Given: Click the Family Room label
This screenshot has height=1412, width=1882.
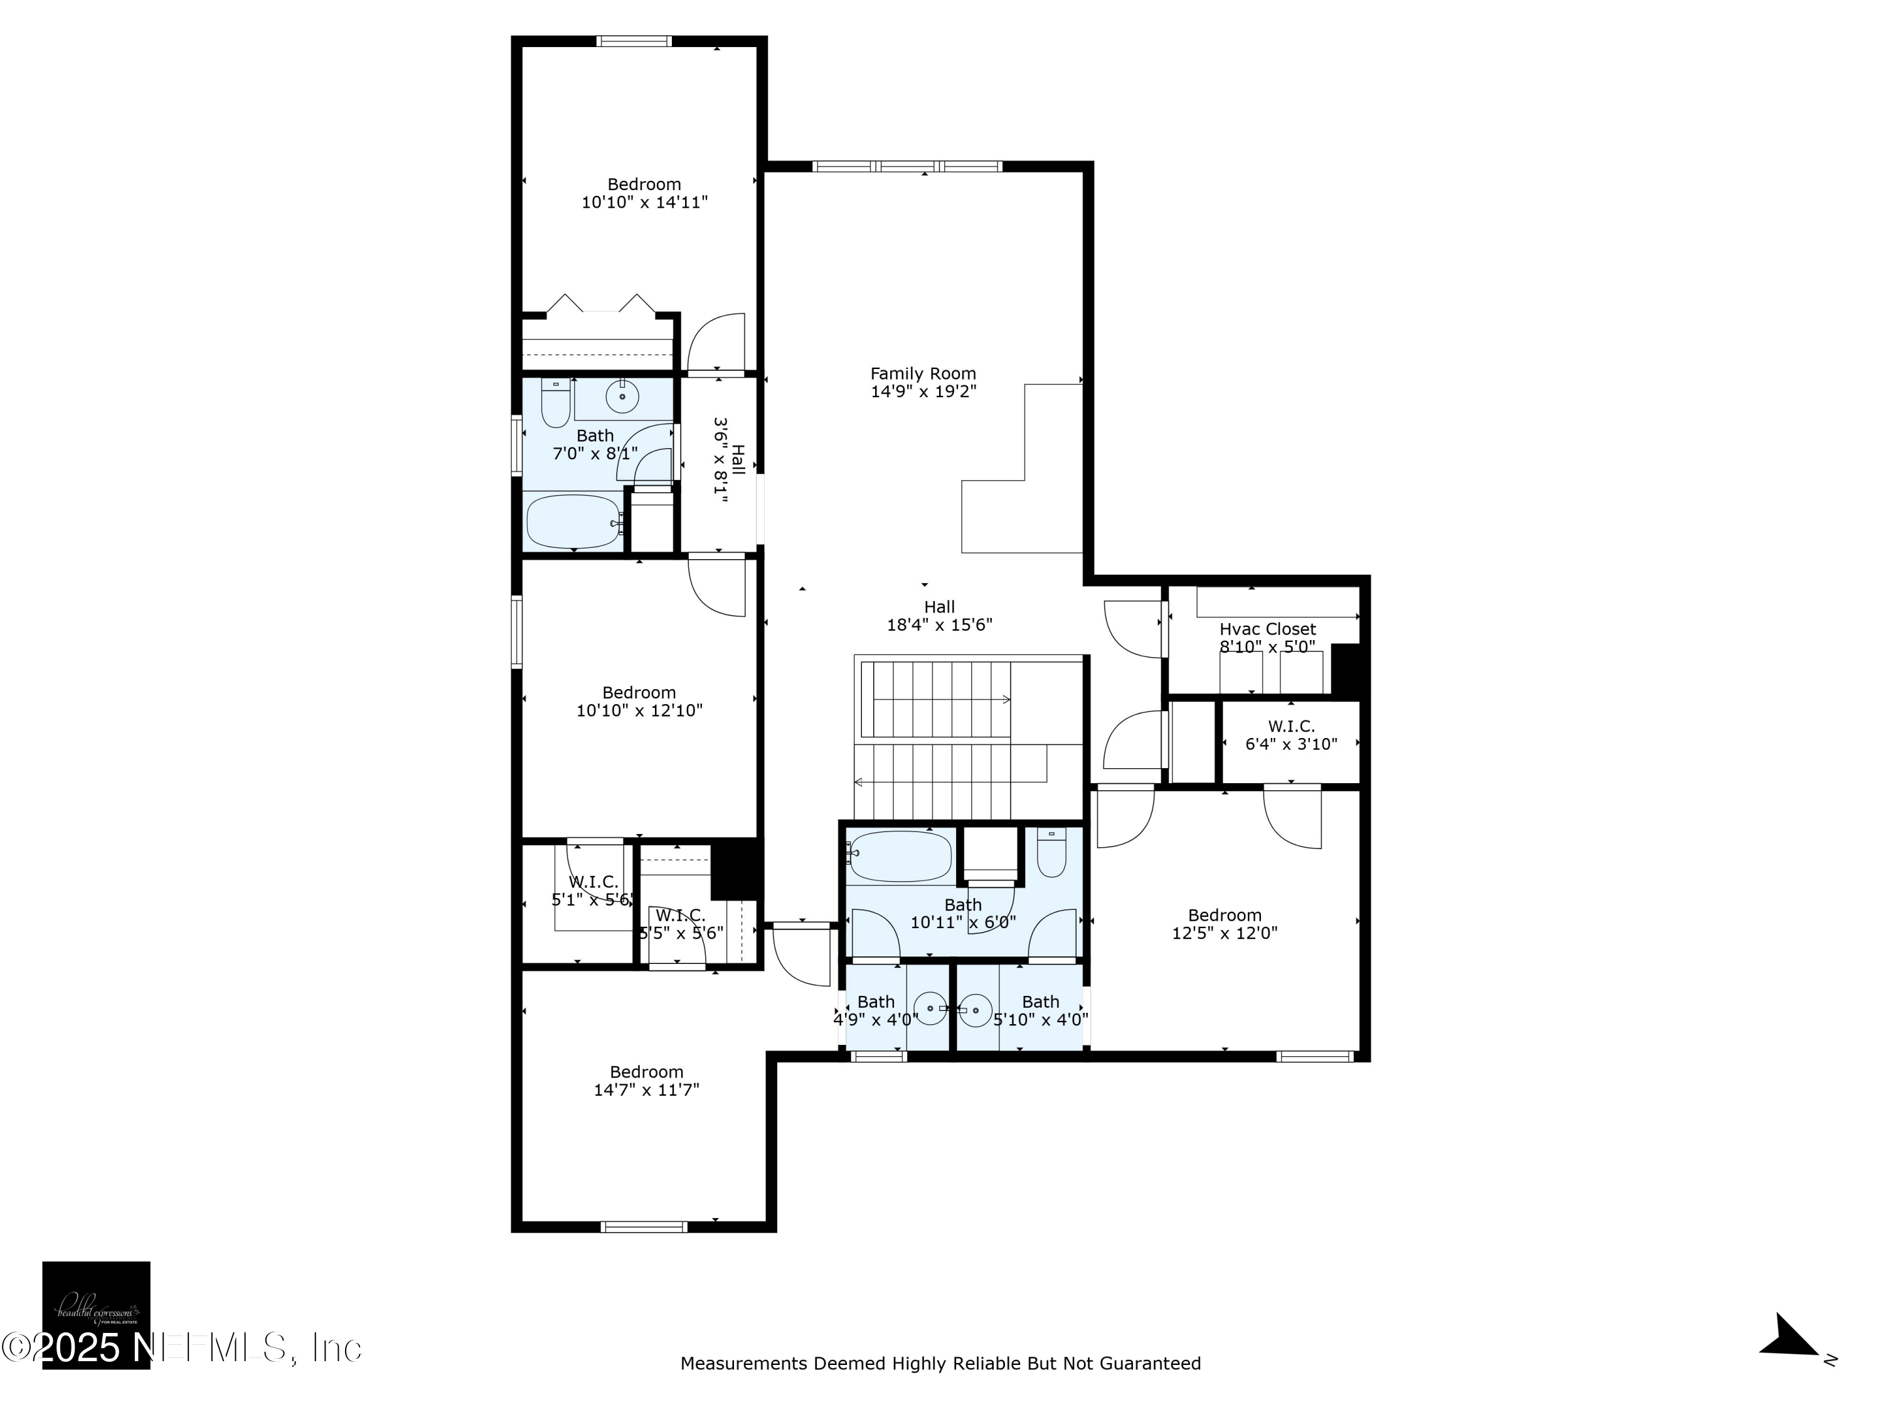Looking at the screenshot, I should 923,373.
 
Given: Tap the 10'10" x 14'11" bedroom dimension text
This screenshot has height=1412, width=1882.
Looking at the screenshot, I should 644,203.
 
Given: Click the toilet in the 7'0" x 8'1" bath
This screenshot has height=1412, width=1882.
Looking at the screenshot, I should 556,404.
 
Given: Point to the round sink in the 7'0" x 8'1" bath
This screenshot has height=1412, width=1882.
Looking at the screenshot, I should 622,397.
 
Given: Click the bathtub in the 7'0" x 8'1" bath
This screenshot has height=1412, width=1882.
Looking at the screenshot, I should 573,521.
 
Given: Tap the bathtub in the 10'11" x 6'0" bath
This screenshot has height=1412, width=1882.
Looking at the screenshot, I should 900,856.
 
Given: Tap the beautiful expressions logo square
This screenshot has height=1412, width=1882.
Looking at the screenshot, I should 96,1314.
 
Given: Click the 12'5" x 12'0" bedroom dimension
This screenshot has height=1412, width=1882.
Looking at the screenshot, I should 1225,933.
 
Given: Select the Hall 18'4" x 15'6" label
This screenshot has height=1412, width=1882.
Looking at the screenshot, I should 939,616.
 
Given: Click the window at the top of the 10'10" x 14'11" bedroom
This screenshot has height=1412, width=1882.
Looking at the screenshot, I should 634,41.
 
